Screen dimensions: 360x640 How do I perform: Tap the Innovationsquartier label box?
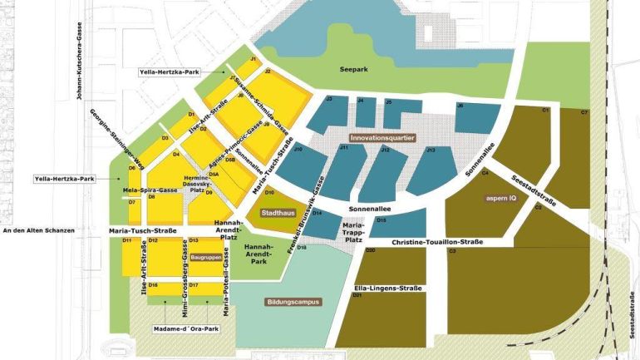[x=382, y=138]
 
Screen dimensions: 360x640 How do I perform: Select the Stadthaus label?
[x=275, y=214]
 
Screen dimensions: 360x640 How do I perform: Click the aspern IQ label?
[x=500, y=199]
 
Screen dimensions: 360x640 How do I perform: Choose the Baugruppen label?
[x=204, y=258]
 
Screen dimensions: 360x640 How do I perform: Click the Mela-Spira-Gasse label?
[x=148, y=190]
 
